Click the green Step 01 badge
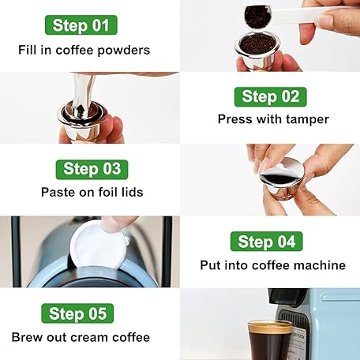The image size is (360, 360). pyautogui.click(x=81, y=25)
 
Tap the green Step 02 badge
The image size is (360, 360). pyautogui.click(x=271, y=97)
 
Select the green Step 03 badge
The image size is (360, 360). pyautogui.click(x=92, y=170)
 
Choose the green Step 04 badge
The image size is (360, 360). pyautogui.click(x=267, y=242)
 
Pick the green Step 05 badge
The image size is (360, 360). pyautogui.click(x=77, y=313)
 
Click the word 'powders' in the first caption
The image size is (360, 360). pyautogui.click(x=124, y=51)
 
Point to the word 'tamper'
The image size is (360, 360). pyautogui.click(x=307, y=119)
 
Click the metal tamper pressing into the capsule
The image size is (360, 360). pyautogui.click(x=81, y=96)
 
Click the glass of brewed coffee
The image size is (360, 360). pyautogui.click(x=270, y=340)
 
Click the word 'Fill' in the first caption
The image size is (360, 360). pyautogui.click(x=27, y=50)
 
